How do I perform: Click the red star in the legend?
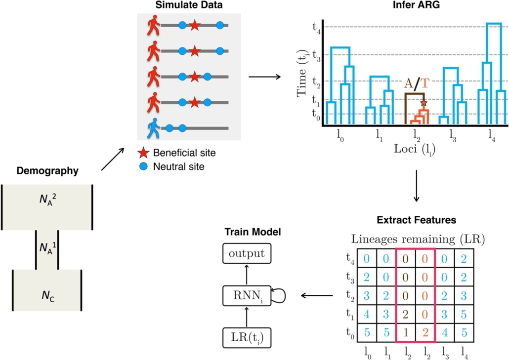pos(144,153)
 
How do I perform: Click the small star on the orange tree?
pos(423,103)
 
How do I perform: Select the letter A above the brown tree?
pos(409,83)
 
